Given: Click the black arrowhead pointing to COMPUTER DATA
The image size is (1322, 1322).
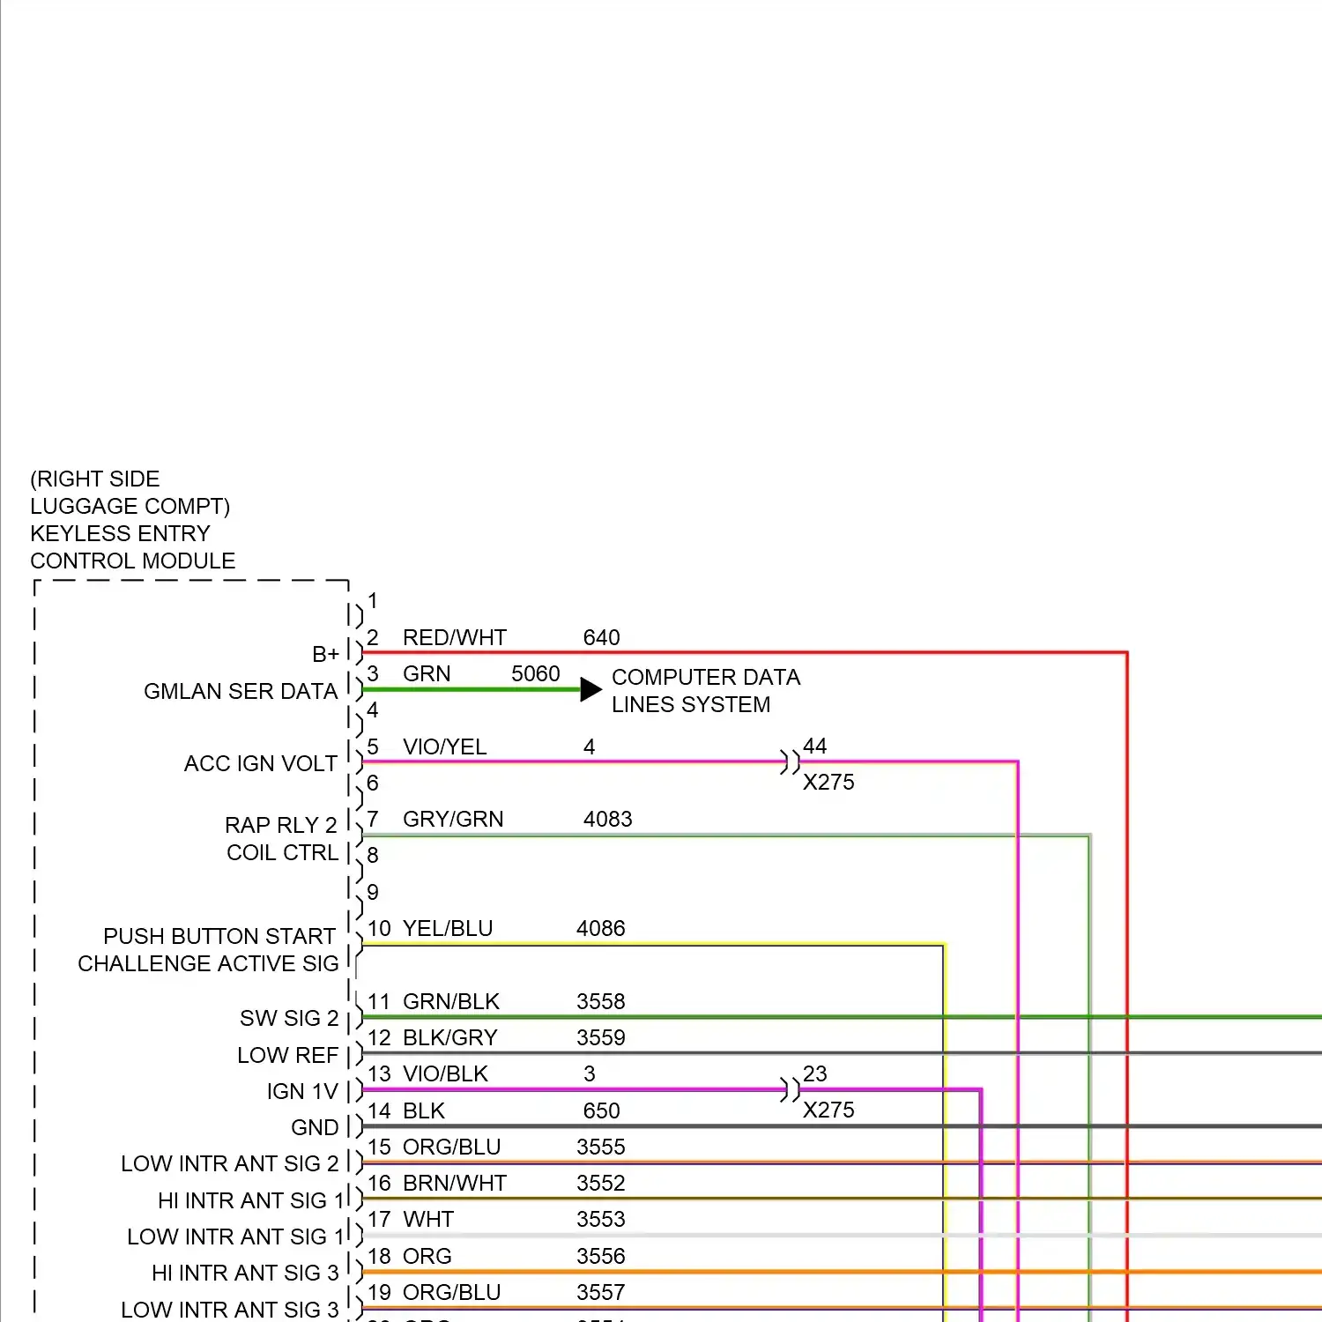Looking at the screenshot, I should (590, 689).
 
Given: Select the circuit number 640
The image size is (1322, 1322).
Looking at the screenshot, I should (601, 637).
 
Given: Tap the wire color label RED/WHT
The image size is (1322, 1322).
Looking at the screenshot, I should (454, 637).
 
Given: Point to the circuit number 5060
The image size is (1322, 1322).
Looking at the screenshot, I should (535, 673).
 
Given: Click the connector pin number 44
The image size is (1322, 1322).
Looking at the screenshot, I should (814, 746).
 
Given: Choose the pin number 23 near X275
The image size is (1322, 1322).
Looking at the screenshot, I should (814, 1073).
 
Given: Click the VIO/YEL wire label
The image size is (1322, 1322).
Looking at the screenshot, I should (444, 746).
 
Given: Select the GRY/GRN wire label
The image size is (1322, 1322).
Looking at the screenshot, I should (453, 819).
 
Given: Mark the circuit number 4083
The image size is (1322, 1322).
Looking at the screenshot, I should (607, 819).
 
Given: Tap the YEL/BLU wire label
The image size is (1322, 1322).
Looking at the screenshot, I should (448, 928).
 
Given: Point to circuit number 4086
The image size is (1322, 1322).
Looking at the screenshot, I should (600, 928).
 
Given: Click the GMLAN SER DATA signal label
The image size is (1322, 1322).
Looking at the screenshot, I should (241, 691).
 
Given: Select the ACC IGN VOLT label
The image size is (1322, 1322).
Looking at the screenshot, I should (261, 763).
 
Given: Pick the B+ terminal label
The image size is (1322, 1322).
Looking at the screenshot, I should (325, 654).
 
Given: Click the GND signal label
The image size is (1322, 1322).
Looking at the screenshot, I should (315, 1127).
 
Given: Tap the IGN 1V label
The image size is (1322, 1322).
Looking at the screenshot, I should (302, 1091).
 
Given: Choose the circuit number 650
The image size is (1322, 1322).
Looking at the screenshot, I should (601, 1110).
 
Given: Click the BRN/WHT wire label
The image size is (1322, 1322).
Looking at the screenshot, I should (455, 1183).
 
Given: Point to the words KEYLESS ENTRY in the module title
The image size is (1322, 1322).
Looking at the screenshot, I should (120, 533).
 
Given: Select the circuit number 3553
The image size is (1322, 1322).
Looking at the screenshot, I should (600, 1219).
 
